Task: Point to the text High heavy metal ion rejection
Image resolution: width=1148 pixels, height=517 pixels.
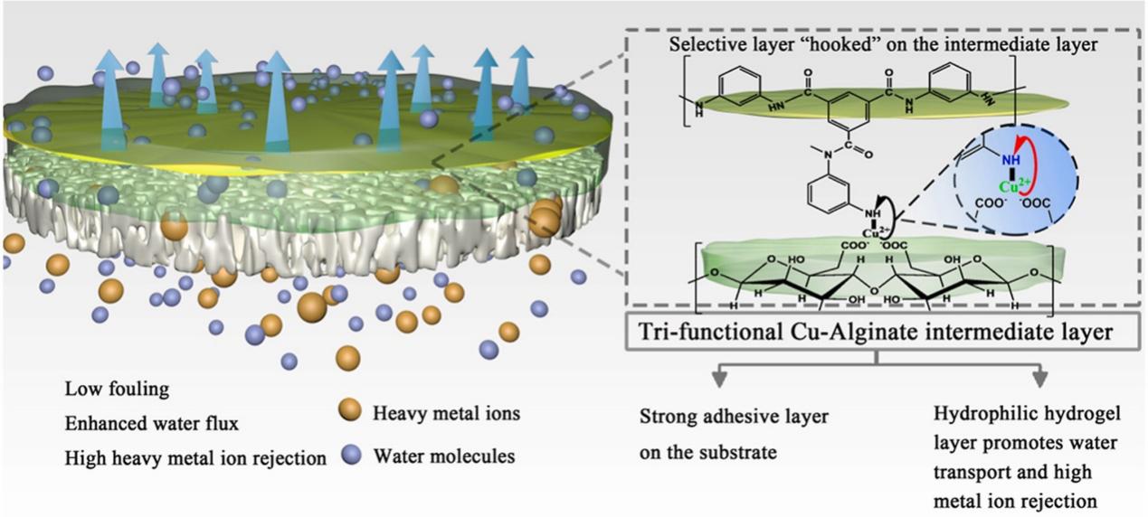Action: click(195, 458)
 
